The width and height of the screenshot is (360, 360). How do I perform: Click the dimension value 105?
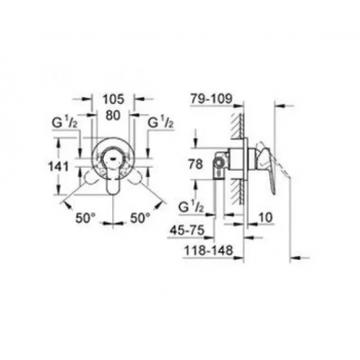(113, 99)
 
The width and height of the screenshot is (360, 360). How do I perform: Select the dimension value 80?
(114, 115)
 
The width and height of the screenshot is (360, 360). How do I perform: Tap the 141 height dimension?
(58, 167)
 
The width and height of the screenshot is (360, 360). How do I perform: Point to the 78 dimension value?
(196, 164)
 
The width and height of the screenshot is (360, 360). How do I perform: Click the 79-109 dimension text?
(211, 99)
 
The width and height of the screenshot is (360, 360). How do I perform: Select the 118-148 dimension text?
(209, 251)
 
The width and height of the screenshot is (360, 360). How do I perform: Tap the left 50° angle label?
(84, 218)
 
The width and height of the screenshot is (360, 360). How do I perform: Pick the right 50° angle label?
(140, 218)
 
